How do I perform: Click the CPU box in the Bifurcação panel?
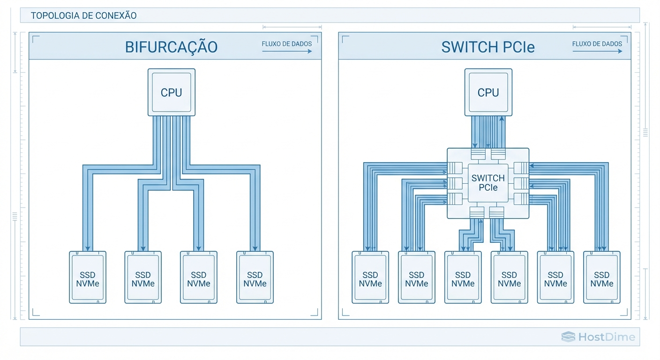click(171, 92)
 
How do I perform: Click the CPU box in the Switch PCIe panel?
click(488, 92)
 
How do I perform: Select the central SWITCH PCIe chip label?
click(488, 183)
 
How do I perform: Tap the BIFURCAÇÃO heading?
click(171, 47)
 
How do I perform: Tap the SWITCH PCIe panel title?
click(488, 47)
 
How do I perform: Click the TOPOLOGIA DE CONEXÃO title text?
click(83, 15)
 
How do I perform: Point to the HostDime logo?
click(598, 337)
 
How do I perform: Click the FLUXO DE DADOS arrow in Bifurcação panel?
click(287, 51)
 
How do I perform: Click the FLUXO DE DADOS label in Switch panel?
click(597, 44)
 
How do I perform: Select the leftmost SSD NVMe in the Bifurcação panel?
click(88, 278)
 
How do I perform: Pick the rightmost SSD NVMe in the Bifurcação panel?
click(255, 278)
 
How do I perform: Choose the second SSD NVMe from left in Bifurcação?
click(143, 278)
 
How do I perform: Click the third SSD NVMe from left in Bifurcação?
click(199, 278)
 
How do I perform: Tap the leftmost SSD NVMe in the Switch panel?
click(370, 278)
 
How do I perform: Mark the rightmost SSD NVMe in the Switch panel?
click(601, 278)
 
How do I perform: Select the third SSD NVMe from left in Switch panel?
click(463, 278)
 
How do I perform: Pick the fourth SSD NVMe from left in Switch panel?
click(509, 278)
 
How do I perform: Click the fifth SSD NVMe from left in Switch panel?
click(555, 278)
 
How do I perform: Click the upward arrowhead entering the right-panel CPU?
click(502, 119)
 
